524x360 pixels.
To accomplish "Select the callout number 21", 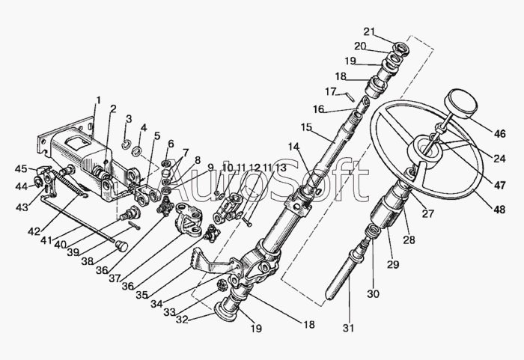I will click(368, 31).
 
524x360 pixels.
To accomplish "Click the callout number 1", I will click(97, 100).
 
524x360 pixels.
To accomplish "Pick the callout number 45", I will click(22, 168).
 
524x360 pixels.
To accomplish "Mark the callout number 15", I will click(305, 126).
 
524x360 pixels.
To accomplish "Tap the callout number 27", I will click(428, 213).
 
